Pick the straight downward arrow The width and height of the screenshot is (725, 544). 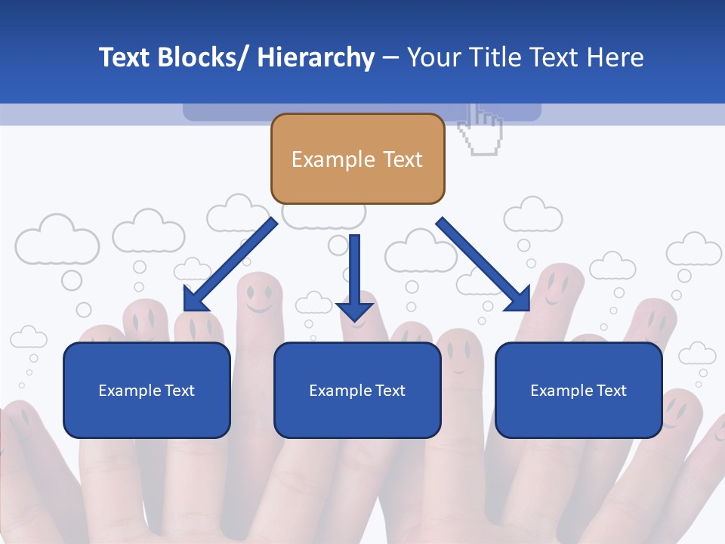(355, 276)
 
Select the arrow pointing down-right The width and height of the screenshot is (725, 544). (483, 264)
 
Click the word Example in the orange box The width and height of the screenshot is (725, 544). (322, 159)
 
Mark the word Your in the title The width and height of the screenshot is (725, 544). (433, 57)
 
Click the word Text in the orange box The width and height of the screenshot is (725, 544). (403, 159)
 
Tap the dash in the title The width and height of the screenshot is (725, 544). (390, 57)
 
